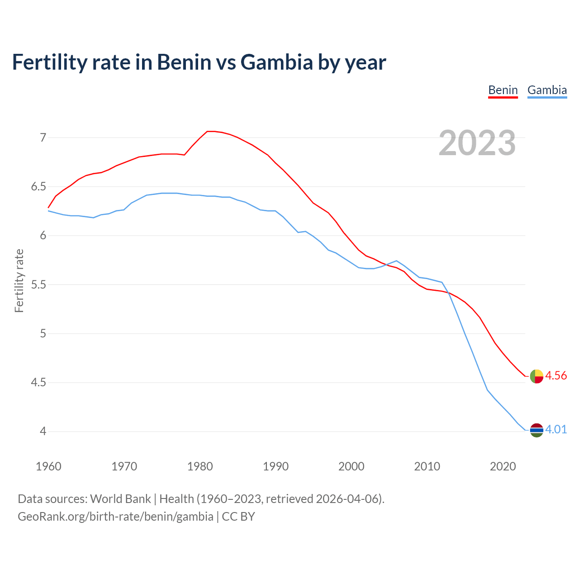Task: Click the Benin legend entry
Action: (x=503, y=90)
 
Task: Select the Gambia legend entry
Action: (x=547, y=90)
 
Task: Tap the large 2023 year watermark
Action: (x=477, y=143)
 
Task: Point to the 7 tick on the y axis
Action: (x=43, y=138)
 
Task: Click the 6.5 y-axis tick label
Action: (x=38, y=186)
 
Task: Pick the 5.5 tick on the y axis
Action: (x=38, y=285)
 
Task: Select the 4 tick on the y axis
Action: (x=43, y=432)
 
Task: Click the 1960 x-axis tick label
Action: (x=48, y=466)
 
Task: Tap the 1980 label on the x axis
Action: (x=200, y=466)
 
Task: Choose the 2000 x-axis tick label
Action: (x=351, y=466)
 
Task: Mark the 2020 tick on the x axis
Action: (x=503, y=466)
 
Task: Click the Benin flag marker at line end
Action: (x=536, y=376)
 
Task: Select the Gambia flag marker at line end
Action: (x=536, y=430)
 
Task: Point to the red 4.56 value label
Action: (x=556, y=376)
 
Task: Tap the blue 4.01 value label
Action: (x=556, y=430)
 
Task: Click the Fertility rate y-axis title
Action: (x=19, y=280)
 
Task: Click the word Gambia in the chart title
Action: (x=276, y=62)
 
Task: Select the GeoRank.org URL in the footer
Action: (x=115, y=517)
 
